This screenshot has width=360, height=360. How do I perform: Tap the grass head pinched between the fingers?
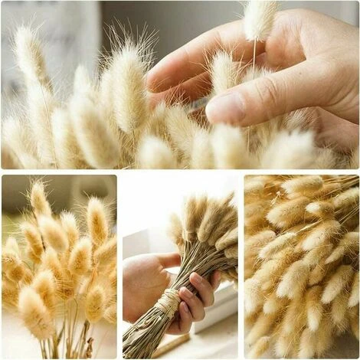pos(260,18)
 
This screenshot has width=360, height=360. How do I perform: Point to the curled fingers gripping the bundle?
pos(195,299)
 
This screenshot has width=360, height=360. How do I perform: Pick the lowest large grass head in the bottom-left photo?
pos(34,314)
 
